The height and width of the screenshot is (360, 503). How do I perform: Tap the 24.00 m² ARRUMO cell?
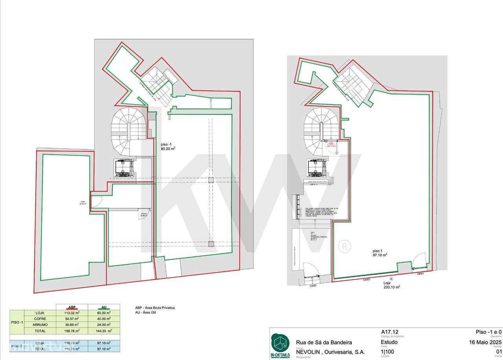pyautogui.click(x=103, y=325)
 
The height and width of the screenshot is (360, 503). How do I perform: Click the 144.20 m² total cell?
pyautogui.click(x=103, y=331)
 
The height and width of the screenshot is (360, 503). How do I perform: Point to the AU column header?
pyautogui.click(x=103, y=307)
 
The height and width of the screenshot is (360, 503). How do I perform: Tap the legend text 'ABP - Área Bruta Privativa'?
pyautogui.click(x=152, y=308)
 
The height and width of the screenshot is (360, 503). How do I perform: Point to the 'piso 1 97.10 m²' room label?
pyautogui.click(x=380, y=252)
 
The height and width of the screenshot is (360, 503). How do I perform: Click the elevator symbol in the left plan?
pyautogui.click(x=123, y=168)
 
